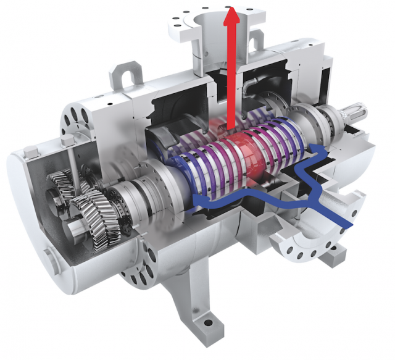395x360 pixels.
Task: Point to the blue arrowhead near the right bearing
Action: click(x=319, y=149)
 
